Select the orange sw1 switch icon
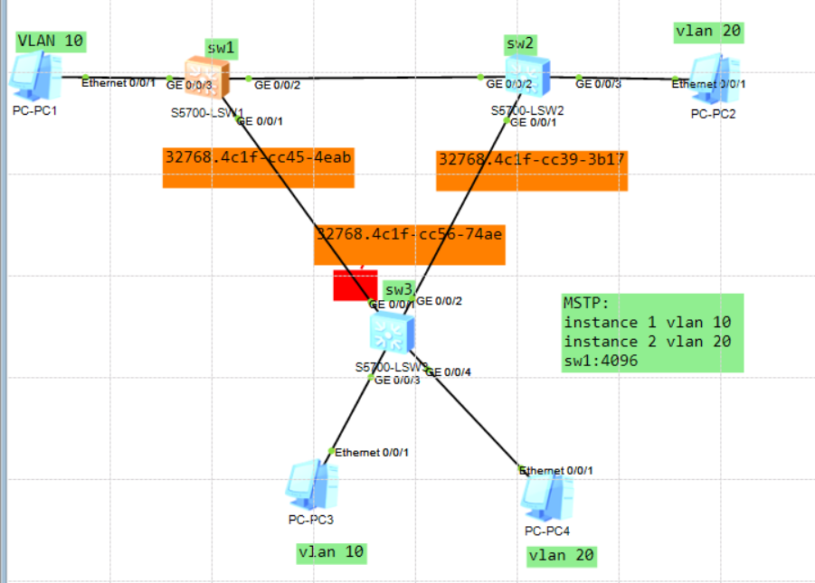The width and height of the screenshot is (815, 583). pyautogui.click(x=208, y=78)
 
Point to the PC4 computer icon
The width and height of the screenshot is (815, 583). pyautogui.click(x=546, y=496)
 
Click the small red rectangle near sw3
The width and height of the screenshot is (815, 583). pyautogui.click(x=355, y=285)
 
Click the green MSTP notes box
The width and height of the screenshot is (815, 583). pyautogui.click(x=651, y=332)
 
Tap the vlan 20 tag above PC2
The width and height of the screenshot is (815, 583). pyautogui.click(x=708, y=32)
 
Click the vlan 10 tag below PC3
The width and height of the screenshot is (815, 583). pyautogui.click(x=332, y=552)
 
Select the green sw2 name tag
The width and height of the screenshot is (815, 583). pyautogui.click(x=520, y=43)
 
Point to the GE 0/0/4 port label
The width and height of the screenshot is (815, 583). pyautogui.click(x=449, y=372)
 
